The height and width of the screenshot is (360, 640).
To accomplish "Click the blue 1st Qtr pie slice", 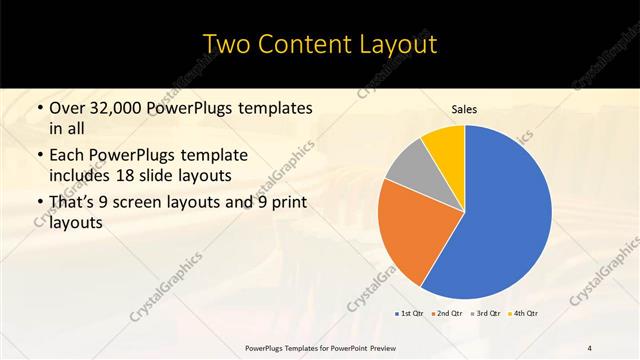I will coord(500,220).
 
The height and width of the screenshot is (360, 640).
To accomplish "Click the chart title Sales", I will coord(465,108).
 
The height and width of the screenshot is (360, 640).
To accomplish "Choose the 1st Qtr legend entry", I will coord(410,314).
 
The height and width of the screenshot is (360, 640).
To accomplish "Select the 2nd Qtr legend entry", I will coord(448,314).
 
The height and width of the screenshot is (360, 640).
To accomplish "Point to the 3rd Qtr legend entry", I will coord(487,314).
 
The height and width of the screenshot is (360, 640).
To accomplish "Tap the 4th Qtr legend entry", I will coord(526,314).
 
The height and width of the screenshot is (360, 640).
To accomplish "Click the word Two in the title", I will coord(229,45).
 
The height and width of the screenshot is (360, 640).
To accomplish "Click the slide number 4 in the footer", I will coord(590,347).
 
